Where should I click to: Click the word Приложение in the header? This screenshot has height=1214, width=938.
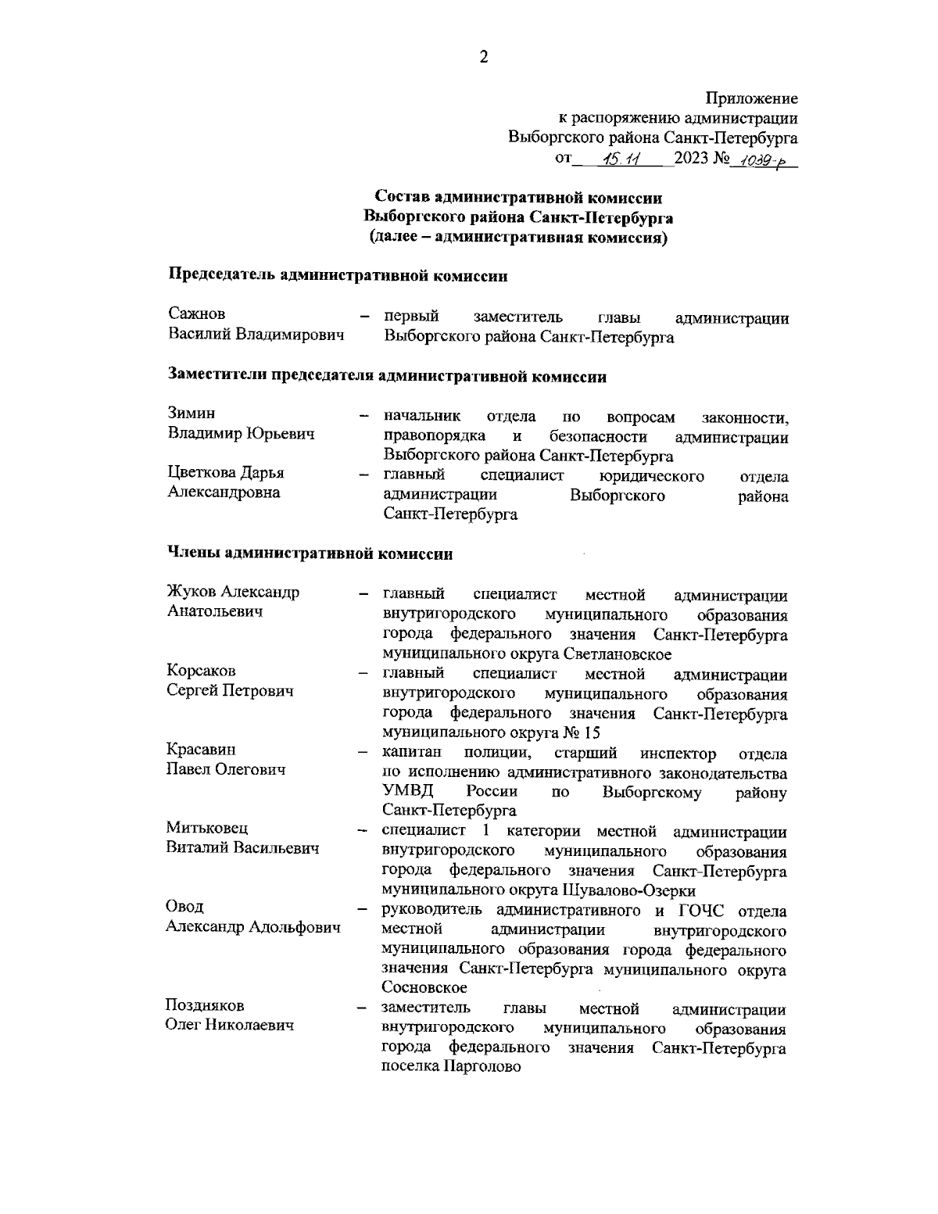[x=752, y=99]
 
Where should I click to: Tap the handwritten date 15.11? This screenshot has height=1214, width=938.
[x=622, y=159]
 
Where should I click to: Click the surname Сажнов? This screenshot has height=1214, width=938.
[x=197, y=314]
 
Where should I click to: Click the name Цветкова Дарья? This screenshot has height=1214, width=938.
[x=226, y=473]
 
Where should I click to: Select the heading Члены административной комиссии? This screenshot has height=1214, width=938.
[x=310, y=553]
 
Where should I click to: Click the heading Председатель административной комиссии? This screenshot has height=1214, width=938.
[x=338, y=275]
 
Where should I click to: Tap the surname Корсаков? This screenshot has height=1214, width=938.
[x=202, y=671]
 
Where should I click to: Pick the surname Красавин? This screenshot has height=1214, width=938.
[x=201, y=750]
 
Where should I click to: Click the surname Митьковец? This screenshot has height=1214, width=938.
[x=206, y=828]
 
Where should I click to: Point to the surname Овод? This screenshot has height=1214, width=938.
[x=185, y=907]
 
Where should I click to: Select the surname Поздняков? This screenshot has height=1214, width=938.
[x=205, y=1005]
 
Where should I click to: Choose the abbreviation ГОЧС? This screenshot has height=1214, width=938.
[x=697, y=911]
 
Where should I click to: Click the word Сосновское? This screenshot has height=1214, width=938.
[x=424, y=988]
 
